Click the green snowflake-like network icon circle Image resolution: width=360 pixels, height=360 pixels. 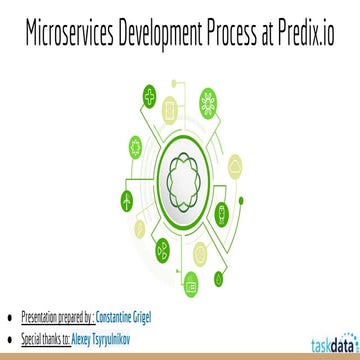(x=208, y=99)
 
